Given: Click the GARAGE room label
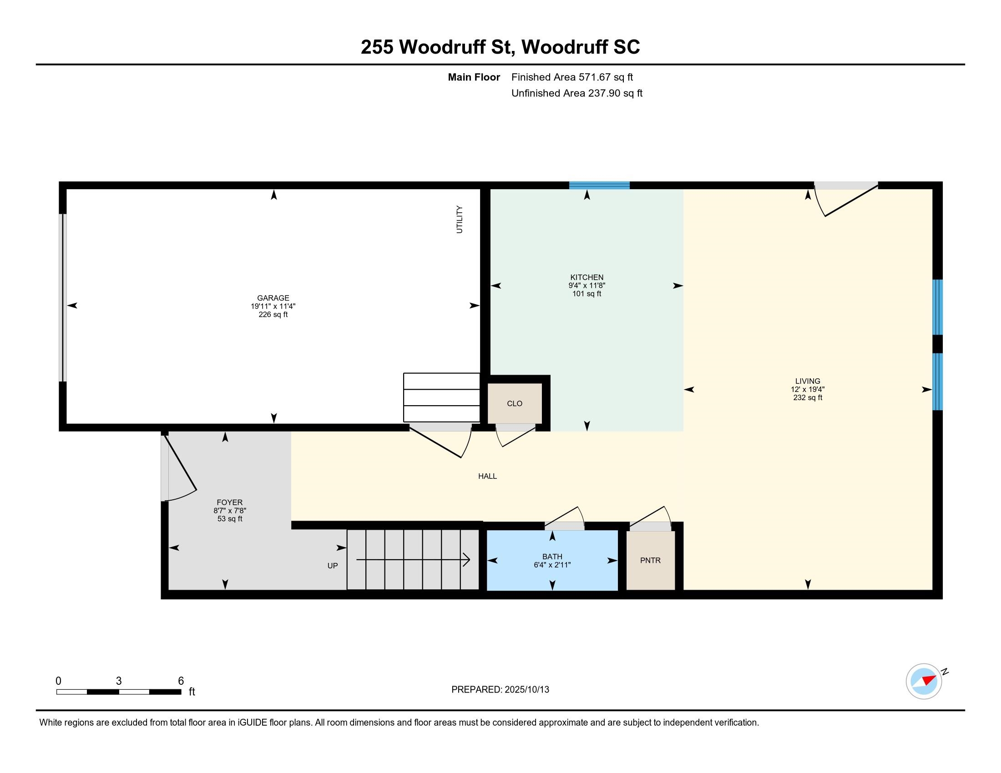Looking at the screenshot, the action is pyautogui.click(x=273, y=298).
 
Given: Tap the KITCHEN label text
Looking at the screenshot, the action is pyautogui.click(x=586, y=277).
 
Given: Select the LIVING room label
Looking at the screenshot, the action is pyautogui.click(x=808, y=381).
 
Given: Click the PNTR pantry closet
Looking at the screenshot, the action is pyautogui.click(x=650, y=560).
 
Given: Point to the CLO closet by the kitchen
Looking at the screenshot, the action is pyautogui.click(x=515, y=403).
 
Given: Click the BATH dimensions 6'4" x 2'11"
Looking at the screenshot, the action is pyautogui.click(x=552, y=565).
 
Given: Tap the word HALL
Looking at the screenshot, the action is pyautogui.click(x=487, y=476).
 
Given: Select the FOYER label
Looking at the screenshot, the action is pyautogui.click(x=230, y=502).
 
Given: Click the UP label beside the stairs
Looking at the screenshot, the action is pyautogui.click(x=333, y=566).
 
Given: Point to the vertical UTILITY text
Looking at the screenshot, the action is pyautogui.click(x=459, y=219).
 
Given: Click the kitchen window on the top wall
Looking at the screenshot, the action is pyautogui.click(x=599, y=186).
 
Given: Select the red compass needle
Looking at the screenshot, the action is pyautogui.click(x=929, y=680).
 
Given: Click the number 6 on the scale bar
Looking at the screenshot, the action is pyautogui.click(x=181, y=681).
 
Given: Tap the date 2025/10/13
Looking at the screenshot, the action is pyautogui.click(x=526, y=690).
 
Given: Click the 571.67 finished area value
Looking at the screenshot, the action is pyautogui.click(x=595, y=77).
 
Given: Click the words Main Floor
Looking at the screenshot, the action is pyautogui.click(x=474, y=77).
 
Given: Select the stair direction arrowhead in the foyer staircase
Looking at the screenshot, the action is pyautogui.click(x=466, y=560).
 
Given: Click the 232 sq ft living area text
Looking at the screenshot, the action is pyautogui.click(x=808, y=397).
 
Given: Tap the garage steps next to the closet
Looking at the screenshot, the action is pyautogui.click(x=441, y=397).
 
